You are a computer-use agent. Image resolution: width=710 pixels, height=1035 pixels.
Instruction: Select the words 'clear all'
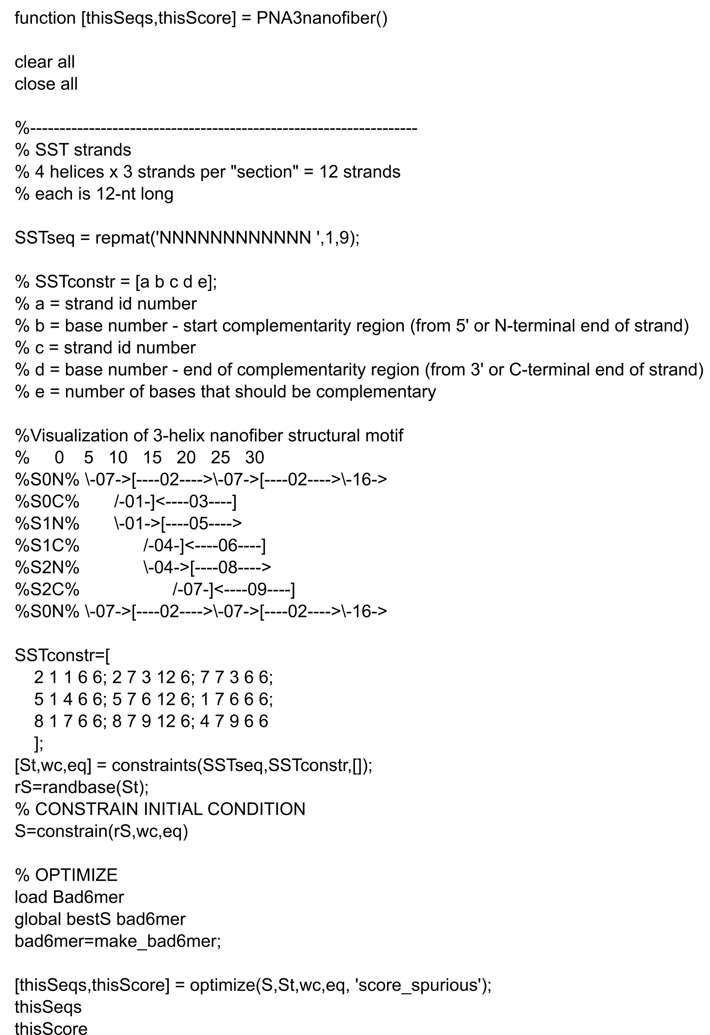click(44, 62)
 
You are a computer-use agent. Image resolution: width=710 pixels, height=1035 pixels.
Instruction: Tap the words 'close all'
click(46, 84)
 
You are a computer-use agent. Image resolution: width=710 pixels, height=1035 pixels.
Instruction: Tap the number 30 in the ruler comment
click(255, 458)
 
